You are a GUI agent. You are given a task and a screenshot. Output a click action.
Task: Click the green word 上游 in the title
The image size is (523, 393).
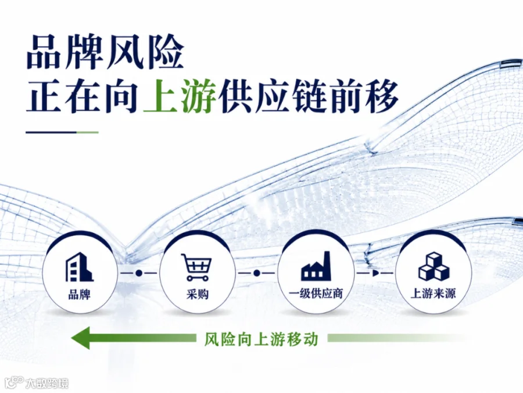point(179,95)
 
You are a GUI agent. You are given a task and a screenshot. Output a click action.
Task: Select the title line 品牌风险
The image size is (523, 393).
point(105,52)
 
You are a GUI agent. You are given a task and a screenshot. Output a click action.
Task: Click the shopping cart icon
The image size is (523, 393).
point(196,267)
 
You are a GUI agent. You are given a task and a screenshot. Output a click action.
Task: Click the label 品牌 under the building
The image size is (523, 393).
point(79,295)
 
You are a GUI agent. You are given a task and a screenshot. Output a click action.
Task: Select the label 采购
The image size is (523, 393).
point(197,295)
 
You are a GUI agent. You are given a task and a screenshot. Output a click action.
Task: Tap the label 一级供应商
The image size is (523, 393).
point(316,294)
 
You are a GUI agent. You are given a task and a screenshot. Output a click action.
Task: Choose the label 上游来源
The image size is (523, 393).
point(434,294)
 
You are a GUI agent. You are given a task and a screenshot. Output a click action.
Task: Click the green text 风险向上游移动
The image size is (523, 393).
point(261,339)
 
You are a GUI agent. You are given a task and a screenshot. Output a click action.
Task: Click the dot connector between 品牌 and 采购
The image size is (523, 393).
point(139,274)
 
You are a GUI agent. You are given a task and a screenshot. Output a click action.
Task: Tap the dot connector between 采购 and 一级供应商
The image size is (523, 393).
point(256,274)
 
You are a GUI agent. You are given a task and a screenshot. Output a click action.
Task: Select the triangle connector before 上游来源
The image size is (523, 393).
point(375,274)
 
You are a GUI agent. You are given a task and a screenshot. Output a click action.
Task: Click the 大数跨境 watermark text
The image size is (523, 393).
point(47,383)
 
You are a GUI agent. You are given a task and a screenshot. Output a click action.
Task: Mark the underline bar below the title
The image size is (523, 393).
point(62,132)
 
